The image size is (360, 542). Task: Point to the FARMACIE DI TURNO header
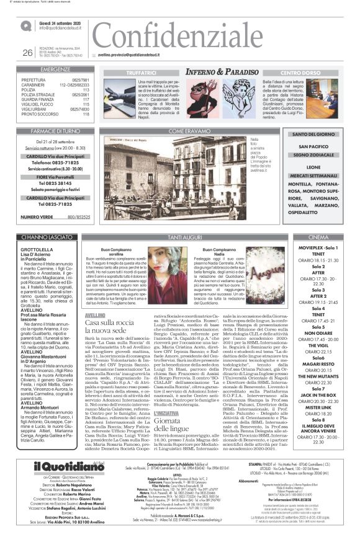pos(56,131)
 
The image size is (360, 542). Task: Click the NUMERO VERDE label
pos(37,216)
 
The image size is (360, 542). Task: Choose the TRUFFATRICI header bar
pos(142,73)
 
